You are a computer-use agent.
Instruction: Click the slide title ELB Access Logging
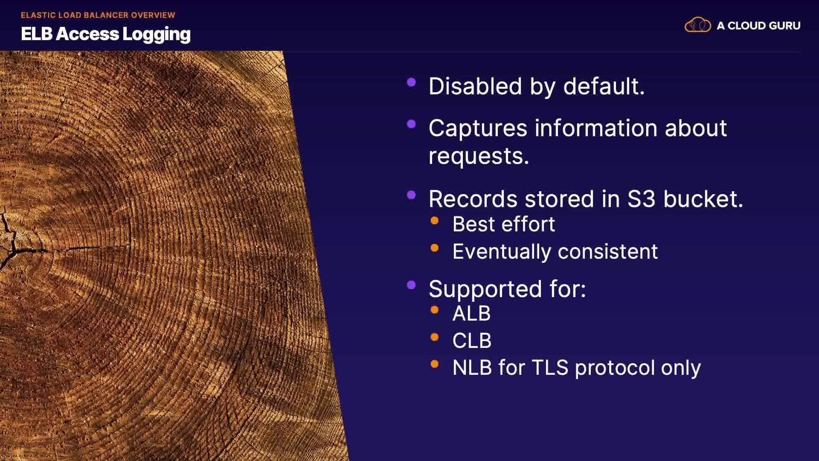point(106,34)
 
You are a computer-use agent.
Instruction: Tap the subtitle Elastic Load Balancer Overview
point(98,15)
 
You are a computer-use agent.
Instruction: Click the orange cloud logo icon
point(698,25)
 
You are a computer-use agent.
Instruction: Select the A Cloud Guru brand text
point(758,26)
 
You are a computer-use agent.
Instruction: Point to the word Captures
point(478,128)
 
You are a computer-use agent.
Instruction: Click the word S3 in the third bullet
point(641,199)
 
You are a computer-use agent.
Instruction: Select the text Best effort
point(504,224)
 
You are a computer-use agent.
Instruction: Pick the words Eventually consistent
point(555,252)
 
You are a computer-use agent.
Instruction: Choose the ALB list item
point(471,313)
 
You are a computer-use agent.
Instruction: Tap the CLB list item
point(472,341)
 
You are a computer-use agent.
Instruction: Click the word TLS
point(550,368)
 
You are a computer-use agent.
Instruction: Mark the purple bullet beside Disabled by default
point(412,82)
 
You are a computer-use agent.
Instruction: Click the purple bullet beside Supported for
point(412,285)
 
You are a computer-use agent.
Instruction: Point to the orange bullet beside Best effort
point(435,221)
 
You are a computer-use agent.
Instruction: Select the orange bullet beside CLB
point(435,337)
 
